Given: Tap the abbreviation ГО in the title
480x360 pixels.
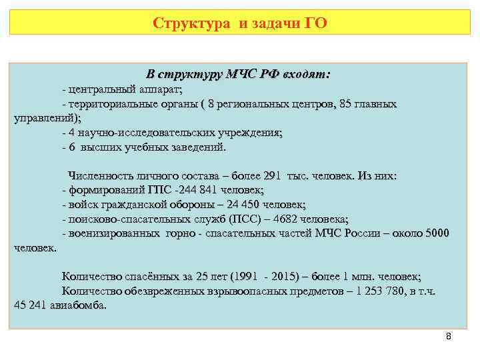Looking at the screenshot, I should point(315,24).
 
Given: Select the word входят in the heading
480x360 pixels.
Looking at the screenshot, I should point(306,75).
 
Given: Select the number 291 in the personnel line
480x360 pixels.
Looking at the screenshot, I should point(273,177).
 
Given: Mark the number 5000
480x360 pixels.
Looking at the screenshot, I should point(437,233).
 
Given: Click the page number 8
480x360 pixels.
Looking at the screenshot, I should point(449,337).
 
